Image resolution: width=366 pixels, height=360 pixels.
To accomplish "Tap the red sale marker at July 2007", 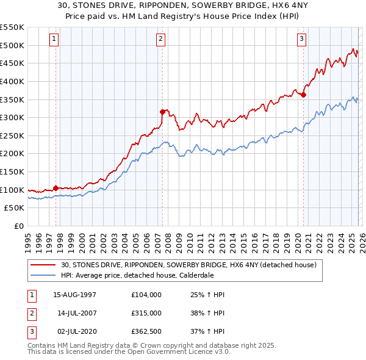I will [x=162, y=112].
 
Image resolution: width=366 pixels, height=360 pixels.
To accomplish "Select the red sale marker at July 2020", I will [x=303, y=95].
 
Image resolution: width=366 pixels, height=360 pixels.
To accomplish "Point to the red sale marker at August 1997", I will [x=56, y=189].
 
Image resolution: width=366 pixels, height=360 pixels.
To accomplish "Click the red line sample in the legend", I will [x=43, y=265].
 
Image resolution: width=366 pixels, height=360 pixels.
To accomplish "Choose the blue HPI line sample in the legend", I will [x=43, y=275].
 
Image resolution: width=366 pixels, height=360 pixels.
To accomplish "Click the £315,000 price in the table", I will [x=146, y=312].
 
